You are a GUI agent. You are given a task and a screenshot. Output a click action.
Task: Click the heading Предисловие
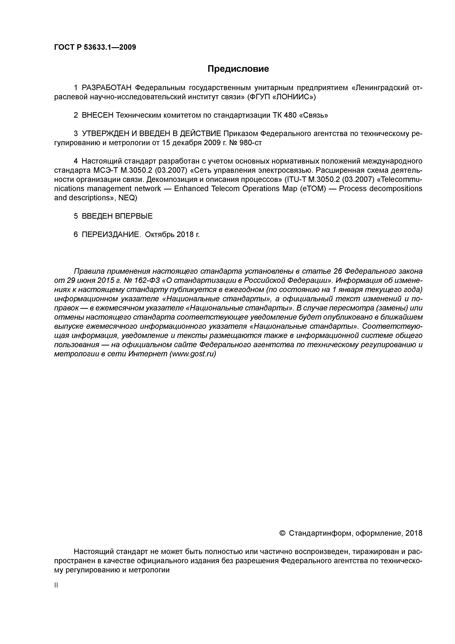coord(238,69)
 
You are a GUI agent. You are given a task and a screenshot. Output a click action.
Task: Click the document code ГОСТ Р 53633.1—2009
coord(95,47)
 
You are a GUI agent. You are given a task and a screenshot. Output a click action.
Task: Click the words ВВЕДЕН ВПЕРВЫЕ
coord(117,216)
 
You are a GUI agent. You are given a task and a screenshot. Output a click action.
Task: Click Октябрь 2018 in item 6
coord(172,234)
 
